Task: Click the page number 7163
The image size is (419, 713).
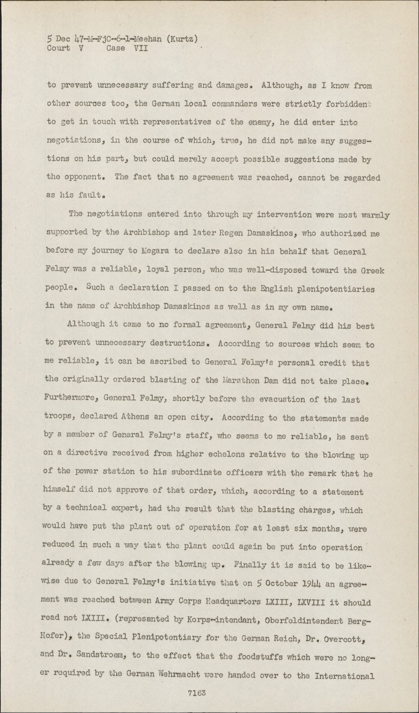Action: (197, 693)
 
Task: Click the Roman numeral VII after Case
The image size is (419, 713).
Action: (140, 48)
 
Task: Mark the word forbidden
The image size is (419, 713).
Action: (346, 104)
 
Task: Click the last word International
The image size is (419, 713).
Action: (345, 676)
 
